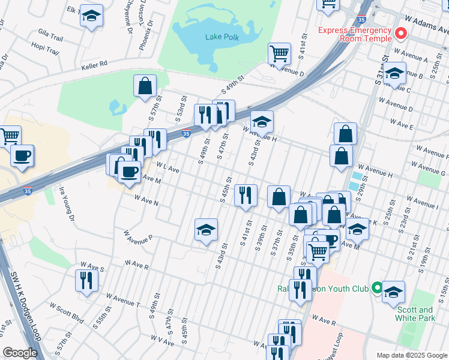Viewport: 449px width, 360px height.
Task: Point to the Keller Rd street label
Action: (x=95, y=63)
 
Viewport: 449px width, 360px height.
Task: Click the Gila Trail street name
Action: (x=50, y=37)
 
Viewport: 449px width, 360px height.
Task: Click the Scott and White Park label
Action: (x=415, y=314)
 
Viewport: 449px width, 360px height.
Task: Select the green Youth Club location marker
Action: (x=376, y=289)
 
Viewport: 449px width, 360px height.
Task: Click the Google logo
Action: (x=20, y=353)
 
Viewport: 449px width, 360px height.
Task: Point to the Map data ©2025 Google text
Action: (x=412, y=355)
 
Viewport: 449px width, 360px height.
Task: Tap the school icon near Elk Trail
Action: (x=91, y=16)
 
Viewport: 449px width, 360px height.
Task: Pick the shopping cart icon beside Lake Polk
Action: (x=279, y=53)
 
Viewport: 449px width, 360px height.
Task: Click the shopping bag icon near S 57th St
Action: (x=145, y=85)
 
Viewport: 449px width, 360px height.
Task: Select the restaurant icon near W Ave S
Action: (x=86, y=280)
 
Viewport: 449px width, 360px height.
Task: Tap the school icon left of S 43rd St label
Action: (x=206, y=230)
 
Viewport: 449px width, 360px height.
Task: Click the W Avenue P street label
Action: (x=138, y=236)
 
